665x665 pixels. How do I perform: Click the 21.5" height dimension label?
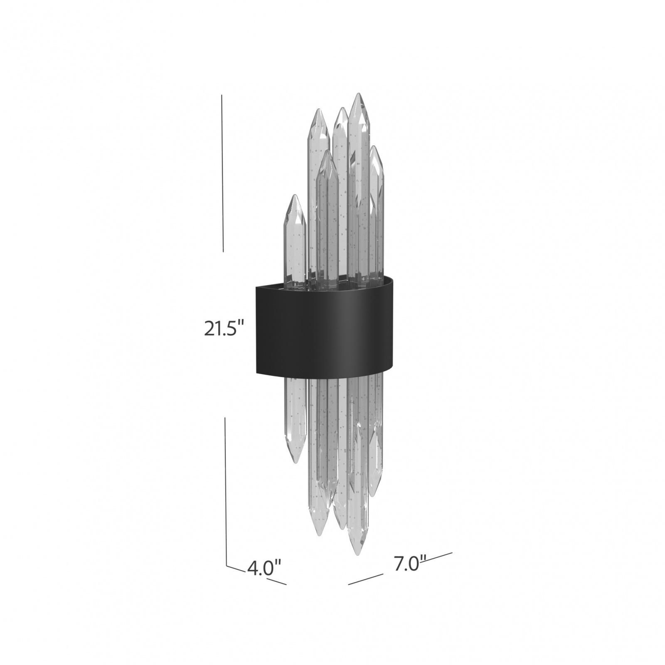point(223,330)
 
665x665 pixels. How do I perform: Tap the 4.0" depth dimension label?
point(264,568)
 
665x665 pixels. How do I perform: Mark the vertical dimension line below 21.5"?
point(226,490)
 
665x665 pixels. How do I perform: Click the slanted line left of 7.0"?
point(365,579)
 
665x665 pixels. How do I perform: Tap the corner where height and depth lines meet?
point(227,566)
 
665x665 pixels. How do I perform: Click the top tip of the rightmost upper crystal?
point(375,146)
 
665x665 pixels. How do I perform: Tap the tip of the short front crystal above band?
point(327,150)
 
